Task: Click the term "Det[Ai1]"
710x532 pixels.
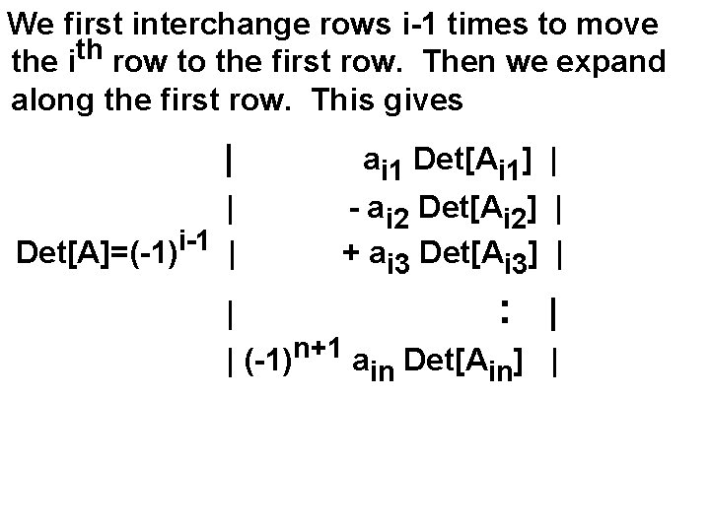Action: coord(476,159)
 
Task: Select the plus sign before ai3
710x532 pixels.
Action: coord(350,253)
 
